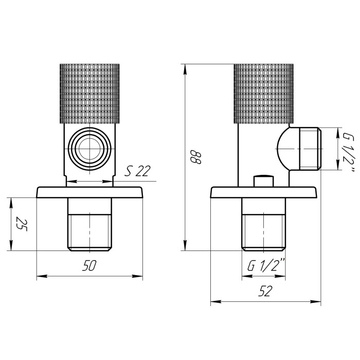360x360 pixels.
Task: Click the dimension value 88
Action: (x=196, y=157)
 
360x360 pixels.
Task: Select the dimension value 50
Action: (x=89, y=265)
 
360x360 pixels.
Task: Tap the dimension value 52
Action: (x=265, y=291)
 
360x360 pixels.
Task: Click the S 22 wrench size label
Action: (x=137, y=171)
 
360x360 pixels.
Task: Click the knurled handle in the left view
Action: (x=89, y=94)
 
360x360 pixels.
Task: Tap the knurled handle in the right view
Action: (x=263, y=94)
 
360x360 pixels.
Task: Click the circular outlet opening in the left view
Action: (x=89, y=149)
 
